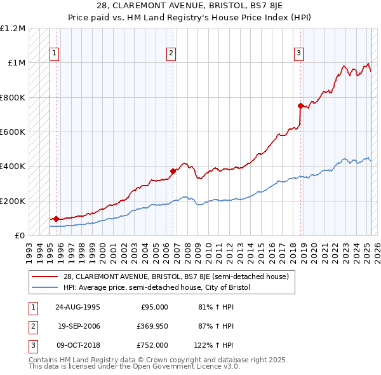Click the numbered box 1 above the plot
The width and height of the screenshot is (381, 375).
pos(55,54)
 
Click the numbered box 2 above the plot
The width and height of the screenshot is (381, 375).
pos(171,54)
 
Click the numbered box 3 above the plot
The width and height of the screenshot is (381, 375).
pos(298,54)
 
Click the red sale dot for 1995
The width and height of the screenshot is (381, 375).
pos(56,219)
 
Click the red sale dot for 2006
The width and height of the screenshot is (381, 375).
pos(172,171)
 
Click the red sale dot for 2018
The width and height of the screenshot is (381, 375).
pos(300,106)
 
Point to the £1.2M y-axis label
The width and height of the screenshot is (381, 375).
pos(13,29)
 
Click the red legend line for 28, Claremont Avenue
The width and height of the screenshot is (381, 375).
pos(46,276)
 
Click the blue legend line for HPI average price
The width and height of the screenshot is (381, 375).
pos(46,287)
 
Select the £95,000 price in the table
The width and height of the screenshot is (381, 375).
pos(154,307)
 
